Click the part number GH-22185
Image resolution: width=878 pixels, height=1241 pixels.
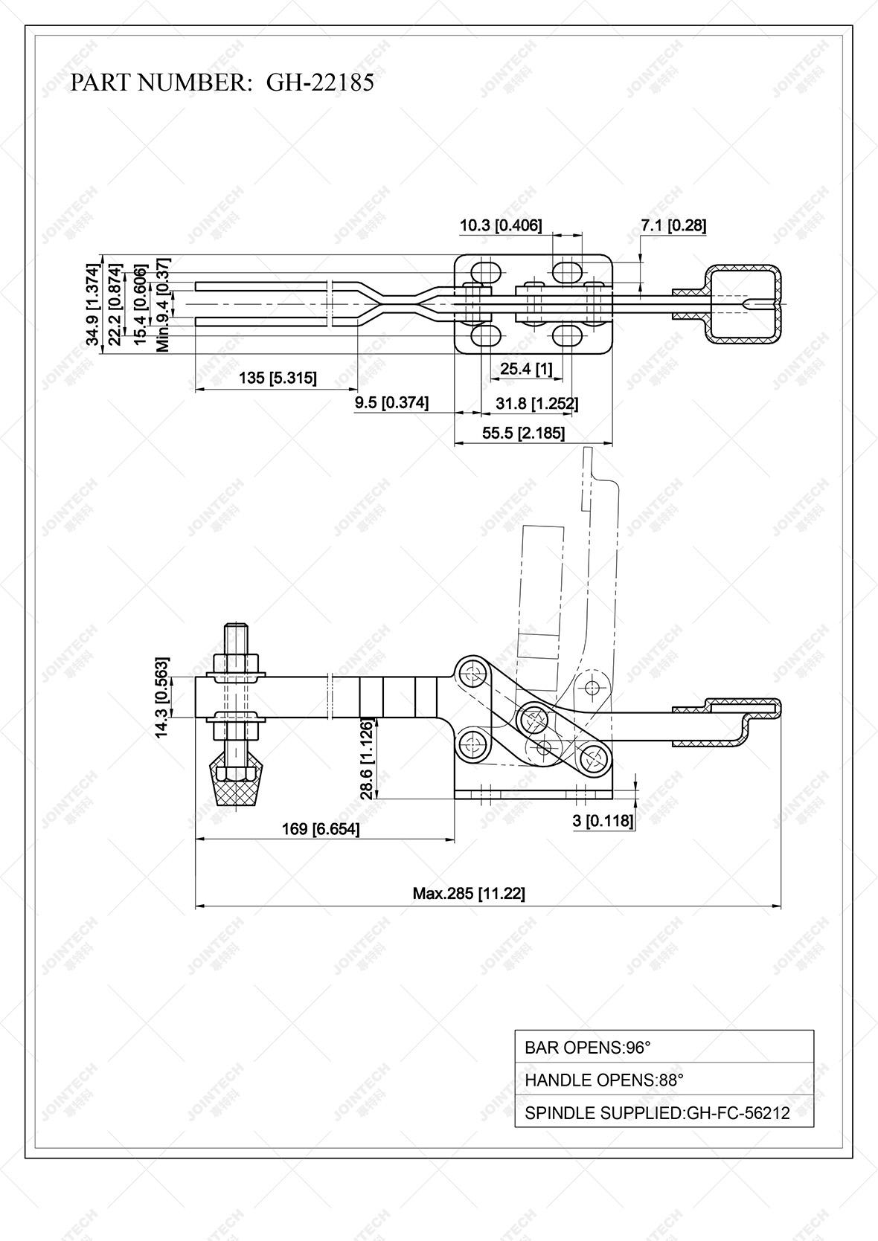(320, 82)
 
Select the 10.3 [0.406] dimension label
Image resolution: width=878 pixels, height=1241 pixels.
(500, 225)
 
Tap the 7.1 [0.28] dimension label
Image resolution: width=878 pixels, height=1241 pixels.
(673, 225)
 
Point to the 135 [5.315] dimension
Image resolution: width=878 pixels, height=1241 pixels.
(277, 378)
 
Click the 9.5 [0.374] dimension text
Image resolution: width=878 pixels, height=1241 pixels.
(391, 402)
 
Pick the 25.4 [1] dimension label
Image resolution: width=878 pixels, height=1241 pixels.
(526, 368)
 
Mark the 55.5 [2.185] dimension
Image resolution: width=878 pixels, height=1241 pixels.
(523, 433)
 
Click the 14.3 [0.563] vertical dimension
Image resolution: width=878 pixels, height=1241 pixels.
(161, 697)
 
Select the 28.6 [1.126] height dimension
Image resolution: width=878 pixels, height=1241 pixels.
(367, 758)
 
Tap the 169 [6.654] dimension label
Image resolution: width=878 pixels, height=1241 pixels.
(321, 828)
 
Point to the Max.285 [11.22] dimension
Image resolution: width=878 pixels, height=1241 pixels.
(469, 893)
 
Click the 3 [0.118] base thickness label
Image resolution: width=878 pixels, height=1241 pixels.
(603, 820)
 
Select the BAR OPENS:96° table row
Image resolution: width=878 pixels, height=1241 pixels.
(664, 1047)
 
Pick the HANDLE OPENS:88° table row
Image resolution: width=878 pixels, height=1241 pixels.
(664, 1080)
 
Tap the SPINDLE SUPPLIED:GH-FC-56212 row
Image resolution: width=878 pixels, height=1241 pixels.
(664, 1112)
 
